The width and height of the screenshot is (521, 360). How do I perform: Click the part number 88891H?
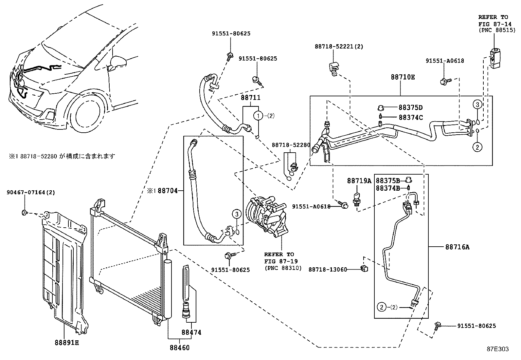coord(66,343)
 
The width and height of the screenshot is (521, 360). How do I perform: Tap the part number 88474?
coord(191,332)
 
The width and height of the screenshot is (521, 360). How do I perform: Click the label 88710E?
coord(403,77)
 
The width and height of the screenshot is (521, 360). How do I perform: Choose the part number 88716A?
coord(457,247)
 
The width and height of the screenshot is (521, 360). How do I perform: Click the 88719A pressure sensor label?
coord(359,181)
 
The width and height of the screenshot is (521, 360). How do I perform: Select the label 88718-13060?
coord(328,270)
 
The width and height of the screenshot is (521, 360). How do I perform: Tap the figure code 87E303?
coord(497,349)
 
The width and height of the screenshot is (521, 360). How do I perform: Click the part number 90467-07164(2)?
coord(30,192)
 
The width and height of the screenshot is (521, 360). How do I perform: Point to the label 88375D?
coord(410,107)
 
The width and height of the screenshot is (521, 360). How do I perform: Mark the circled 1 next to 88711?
coord(259,115)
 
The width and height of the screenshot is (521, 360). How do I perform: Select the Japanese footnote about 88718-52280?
coord(62,156)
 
